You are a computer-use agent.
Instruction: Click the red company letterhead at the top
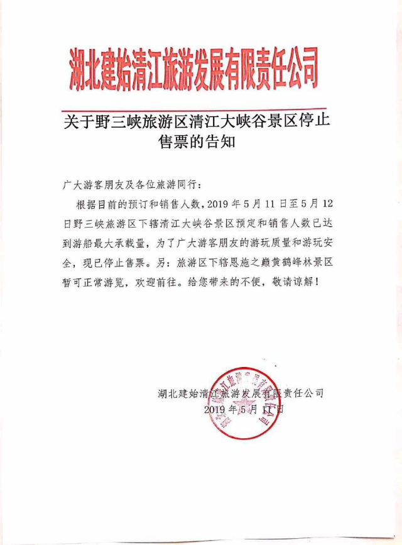pos(194,68)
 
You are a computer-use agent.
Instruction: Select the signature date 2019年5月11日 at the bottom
pos(244,409)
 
